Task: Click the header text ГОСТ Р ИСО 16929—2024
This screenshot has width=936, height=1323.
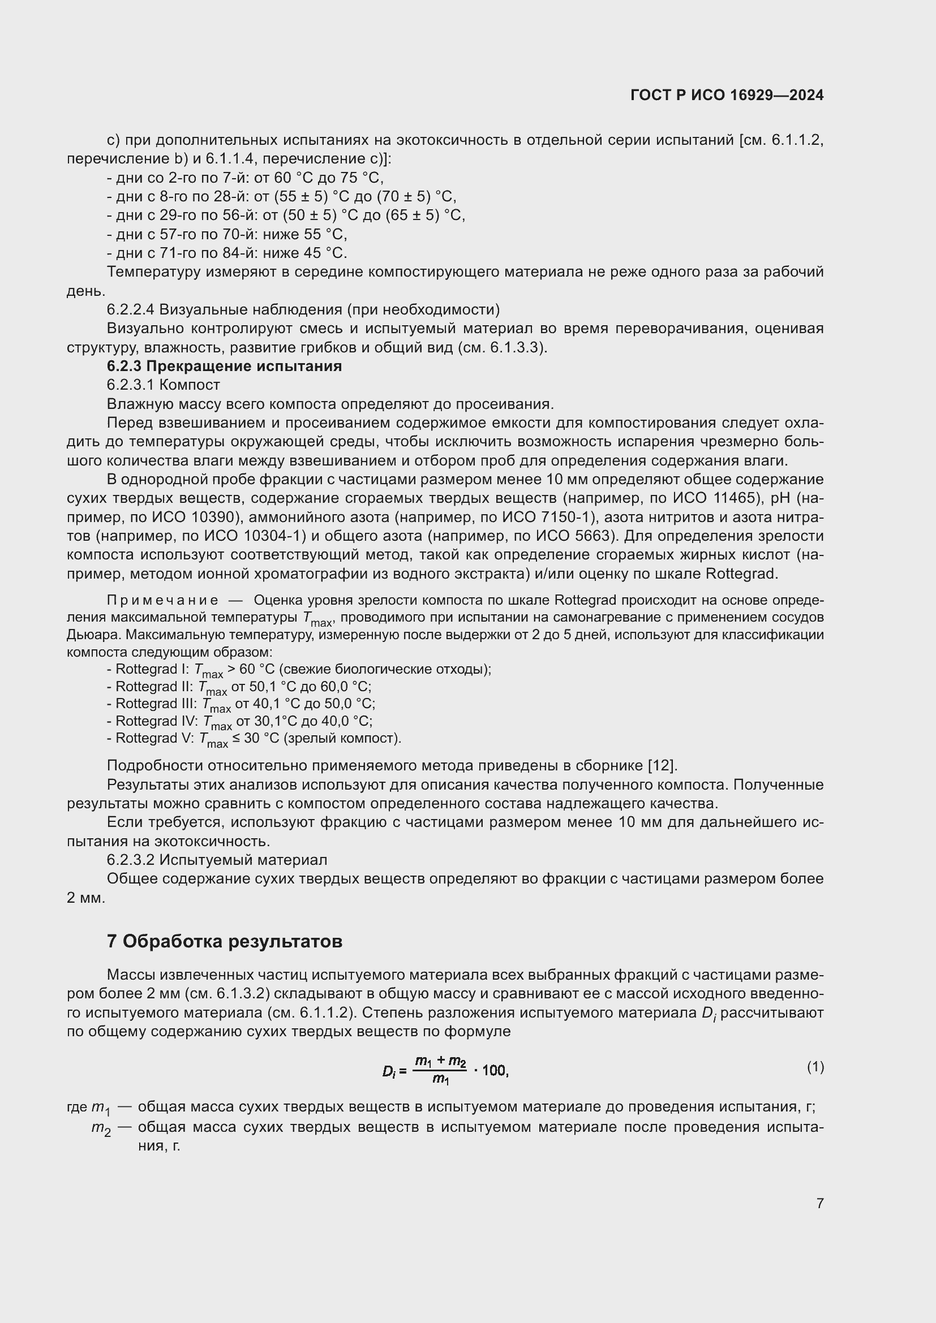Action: click(x=727, y=95)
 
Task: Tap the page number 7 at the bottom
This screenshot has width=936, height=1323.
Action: click(x=819, y=1203)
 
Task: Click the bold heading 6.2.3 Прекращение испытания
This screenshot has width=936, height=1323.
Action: click(x=224, y=366)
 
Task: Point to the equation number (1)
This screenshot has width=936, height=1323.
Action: click(x=815, y=1067)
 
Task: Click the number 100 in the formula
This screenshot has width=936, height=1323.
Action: click(x=494, y=1071)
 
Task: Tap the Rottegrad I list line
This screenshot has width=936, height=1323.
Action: click(x=299, y=670)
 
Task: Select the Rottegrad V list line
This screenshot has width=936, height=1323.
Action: click(x=254, y=739)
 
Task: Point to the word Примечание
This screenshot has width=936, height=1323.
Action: click(x=162, y=601)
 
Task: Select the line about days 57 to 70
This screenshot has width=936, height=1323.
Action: click(x=226, y=235)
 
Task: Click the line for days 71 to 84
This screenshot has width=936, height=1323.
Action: click(x=226, y=253)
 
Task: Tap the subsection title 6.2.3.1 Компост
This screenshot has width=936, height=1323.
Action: click(x=163, y=385)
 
